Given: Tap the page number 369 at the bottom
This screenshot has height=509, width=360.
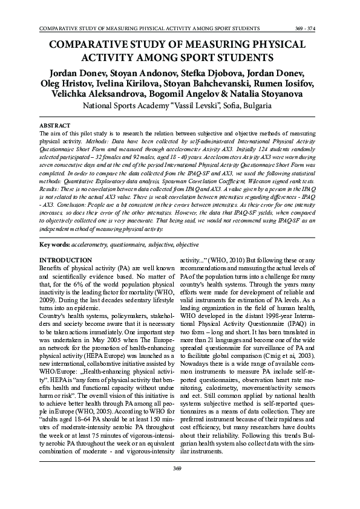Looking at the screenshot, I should click(x=177, y=486).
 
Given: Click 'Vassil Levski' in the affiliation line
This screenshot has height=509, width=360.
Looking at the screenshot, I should click(x=195, y=105).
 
